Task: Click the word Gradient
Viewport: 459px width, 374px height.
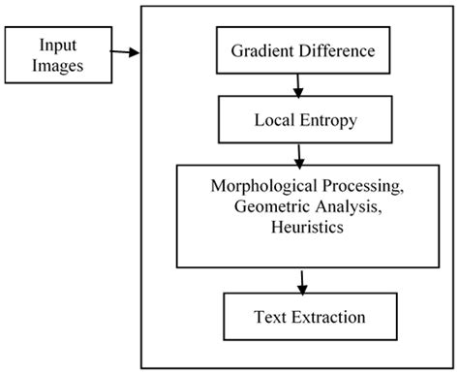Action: [260, 50]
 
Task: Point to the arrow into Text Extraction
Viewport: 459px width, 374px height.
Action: [303, 282]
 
